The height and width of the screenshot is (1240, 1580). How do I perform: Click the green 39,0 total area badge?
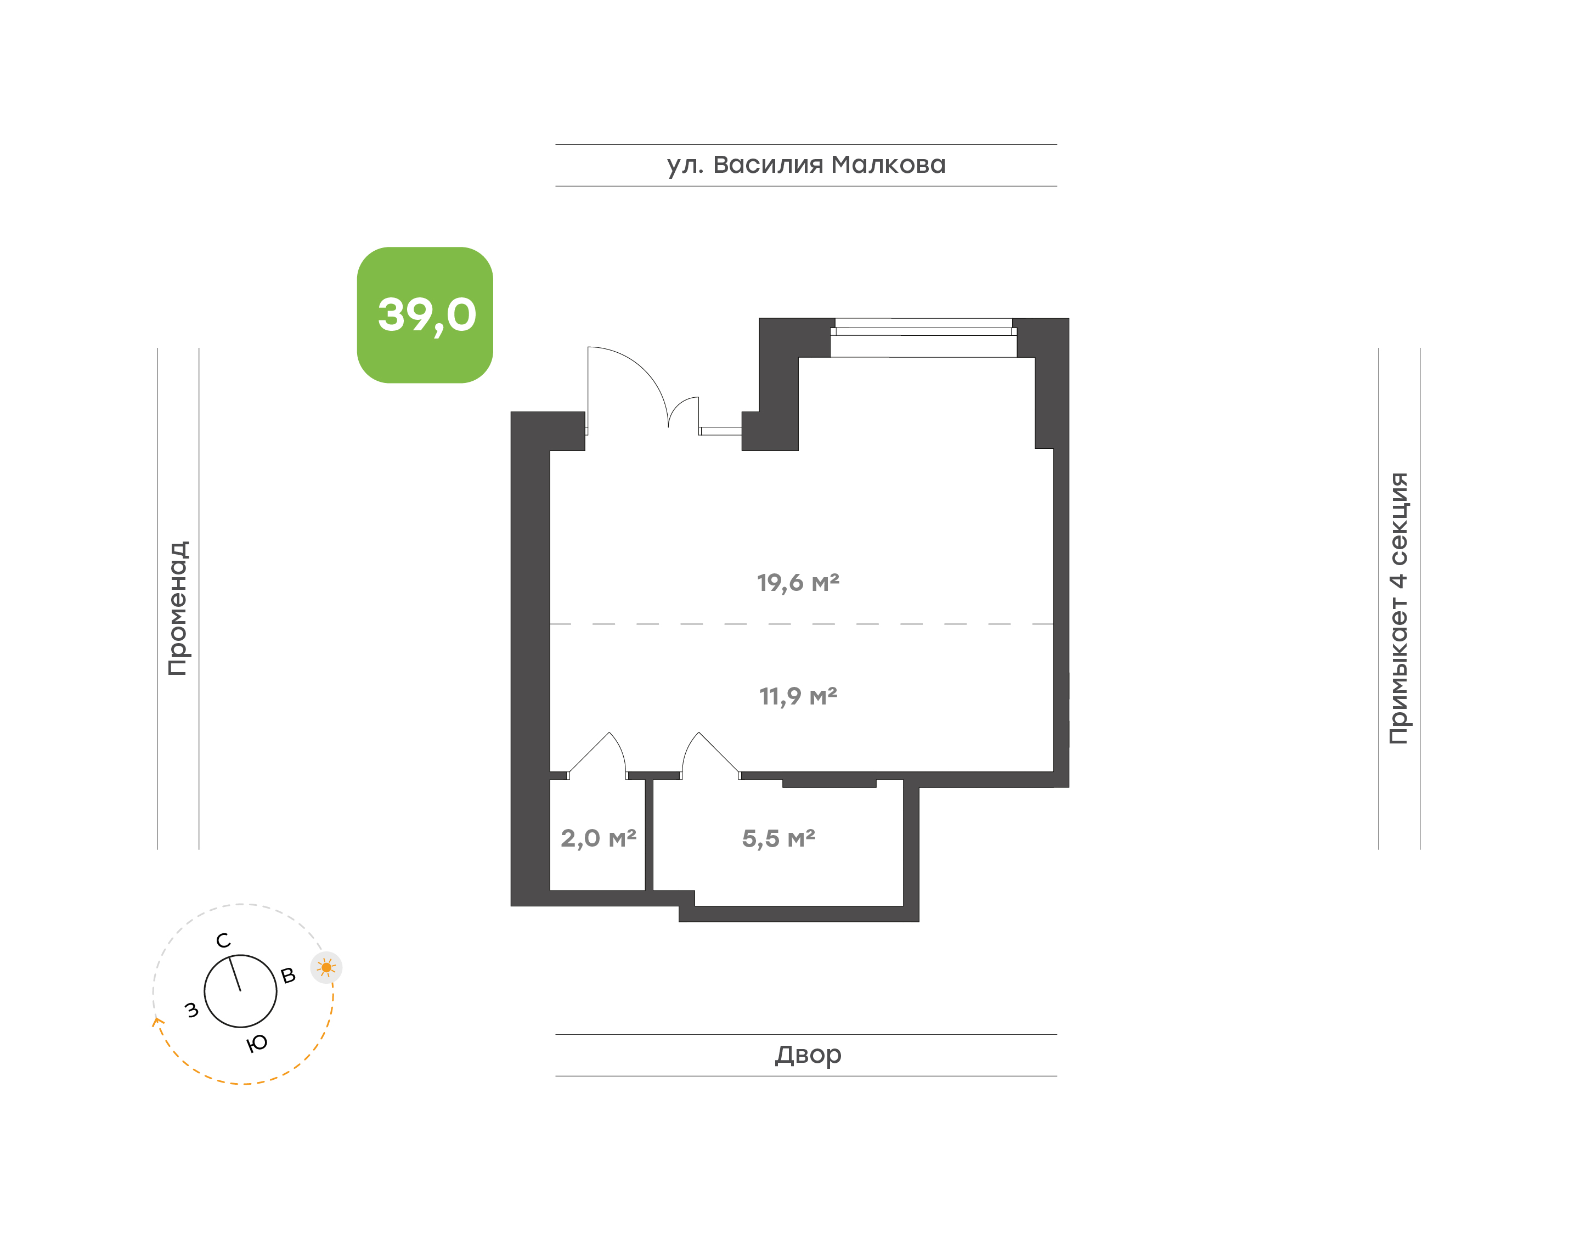pyautogui.click(x=425, y=314)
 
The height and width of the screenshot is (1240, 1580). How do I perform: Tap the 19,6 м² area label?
pyautogui.click(x=798, y=582)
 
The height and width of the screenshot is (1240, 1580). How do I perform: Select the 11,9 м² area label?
pyautogui.click(x=798, y=696)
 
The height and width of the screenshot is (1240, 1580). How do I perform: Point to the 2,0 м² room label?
pyautogui.click(x=598, y=838)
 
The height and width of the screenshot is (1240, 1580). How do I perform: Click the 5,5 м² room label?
pyautogui.click(x=778, y=838)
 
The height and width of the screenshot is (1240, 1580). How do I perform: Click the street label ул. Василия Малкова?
pyautogui.click(x=805, y=165)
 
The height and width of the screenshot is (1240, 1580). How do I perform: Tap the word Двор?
pyautogui.click(x=808, y=1055)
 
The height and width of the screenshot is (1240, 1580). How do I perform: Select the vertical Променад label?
pyautogui.click(x=178, y=608)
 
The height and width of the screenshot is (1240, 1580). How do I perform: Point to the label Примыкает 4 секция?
pyautogui.click(x=1398, y=608)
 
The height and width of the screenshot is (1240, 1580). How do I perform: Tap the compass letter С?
pyautogui.click(x=223, y=941)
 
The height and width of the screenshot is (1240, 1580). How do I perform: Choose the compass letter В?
pyautogui.click(x=288, y=976)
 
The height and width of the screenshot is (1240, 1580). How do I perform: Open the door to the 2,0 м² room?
pyautogui.click(x=596, y=755)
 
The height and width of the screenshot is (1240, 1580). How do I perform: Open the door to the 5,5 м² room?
pyautogui.click(x=711, y=755)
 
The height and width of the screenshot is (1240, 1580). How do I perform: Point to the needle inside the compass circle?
pyautogui.click(x=235, y=974)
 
